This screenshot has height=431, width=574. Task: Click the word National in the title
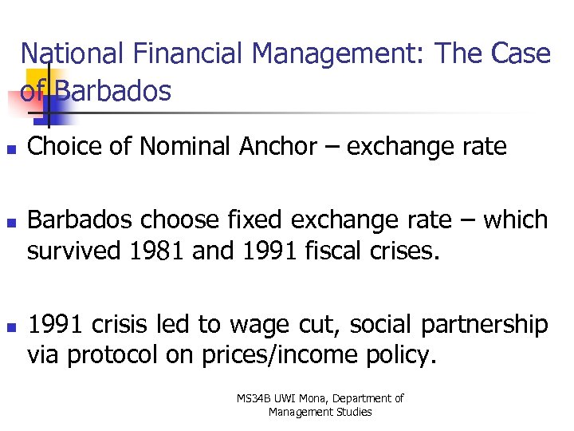pyautogui.click(x=72, y=54)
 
